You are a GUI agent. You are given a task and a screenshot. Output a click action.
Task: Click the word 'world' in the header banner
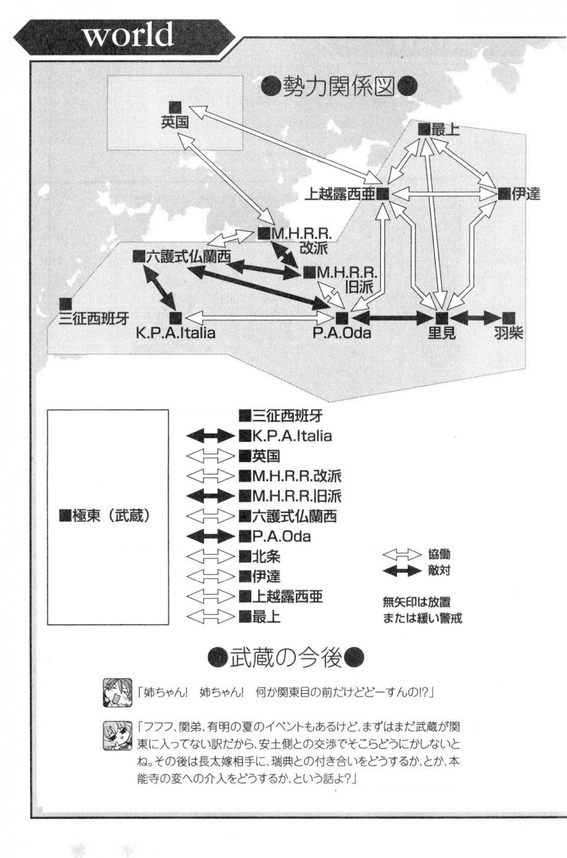click(128, 34)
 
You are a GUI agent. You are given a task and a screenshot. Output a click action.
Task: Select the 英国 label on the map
click(175, 122)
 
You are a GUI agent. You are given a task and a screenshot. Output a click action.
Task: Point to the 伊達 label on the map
click(526, 195)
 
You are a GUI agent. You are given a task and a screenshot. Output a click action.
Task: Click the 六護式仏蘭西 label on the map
click(188, 257)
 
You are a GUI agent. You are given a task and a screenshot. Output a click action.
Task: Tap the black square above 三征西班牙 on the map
click(66, 304)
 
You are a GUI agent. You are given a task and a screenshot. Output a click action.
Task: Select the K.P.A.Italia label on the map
click(176, 332)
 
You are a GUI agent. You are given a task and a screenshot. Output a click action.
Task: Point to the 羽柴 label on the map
click(509, 333)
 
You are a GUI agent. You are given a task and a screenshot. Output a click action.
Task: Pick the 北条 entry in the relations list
click(262, 556)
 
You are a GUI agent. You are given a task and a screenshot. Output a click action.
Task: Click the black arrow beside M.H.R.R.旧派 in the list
click(210, 496)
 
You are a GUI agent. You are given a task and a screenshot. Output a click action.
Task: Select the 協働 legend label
click(439, 554)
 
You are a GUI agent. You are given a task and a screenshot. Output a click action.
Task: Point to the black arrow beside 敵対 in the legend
click(402, 572)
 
